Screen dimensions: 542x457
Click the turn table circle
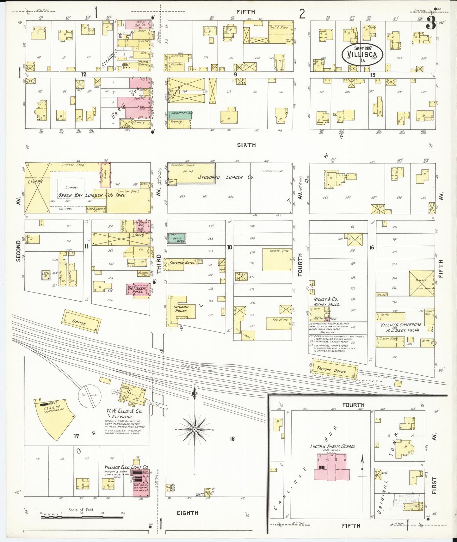(90, 396)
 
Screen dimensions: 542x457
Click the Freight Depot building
(334, 369)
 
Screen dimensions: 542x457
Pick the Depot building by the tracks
(81, 321)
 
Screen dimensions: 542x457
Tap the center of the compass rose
(195, 429)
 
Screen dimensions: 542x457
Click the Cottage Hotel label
(182, 263)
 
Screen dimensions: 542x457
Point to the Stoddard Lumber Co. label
(226, 177)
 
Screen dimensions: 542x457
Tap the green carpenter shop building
(179, 114)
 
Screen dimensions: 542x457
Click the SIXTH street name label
(246, 145)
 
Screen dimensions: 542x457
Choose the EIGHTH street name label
(188, 513)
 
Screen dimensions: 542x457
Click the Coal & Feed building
(280, 32)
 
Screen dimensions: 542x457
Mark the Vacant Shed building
(277, 259)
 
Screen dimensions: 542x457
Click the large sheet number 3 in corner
(431, 23)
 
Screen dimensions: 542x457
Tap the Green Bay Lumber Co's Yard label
(92, 195)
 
